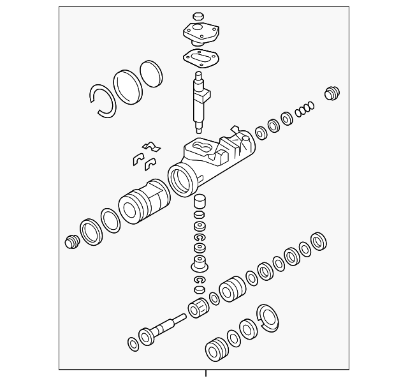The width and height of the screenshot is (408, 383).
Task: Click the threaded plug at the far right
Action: pyautogui.click(x=330, y=93)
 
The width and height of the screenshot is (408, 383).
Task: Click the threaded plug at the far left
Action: pyautogui.click(x=71, y=241)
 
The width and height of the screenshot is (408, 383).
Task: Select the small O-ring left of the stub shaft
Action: pyautogui.click(x=133, y=344)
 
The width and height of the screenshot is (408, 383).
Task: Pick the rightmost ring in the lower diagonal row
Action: pyautogui.click(x=319, y=241)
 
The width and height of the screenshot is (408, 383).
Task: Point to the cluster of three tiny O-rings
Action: pyautogui.click(x=305, y=108)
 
